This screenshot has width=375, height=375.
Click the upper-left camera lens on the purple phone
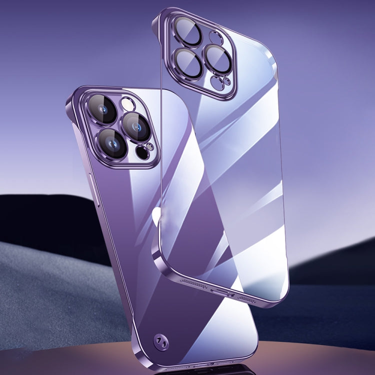pos(103,109)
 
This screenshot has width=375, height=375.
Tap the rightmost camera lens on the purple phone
pos(136,125)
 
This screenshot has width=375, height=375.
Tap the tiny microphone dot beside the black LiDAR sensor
pos(149,146)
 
